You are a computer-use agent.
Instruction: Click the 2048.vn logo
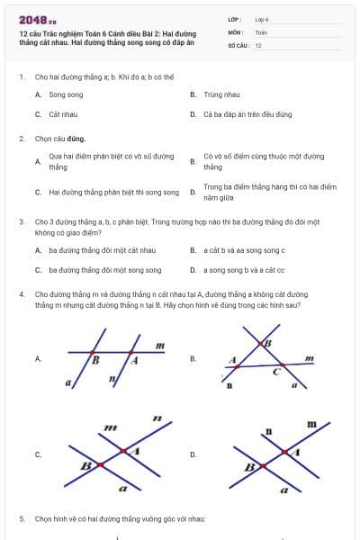pos(38,19)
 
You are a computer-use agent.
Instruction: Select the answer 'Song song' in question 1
pos(66,94)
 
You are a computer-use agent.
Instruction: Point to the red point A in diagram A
pos(131,352)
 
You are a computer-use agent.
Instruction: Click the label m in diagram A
pos(159,345)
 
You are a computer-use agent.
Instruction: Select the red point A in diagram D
pos(290,450)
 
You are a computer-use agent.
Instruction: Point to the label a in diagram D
pos(284,490)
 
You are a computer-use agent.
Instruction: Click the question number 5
pos(22,519)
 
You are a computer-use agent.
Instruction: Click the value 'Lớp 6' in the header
pos(262,18)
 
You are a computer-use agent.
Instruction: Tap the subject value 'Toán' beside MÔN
pos(261,31)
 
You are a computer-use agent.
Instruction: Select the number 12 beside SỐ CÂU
pos(258,45)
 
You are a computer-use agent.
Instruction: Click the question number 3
pos(22,220)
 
